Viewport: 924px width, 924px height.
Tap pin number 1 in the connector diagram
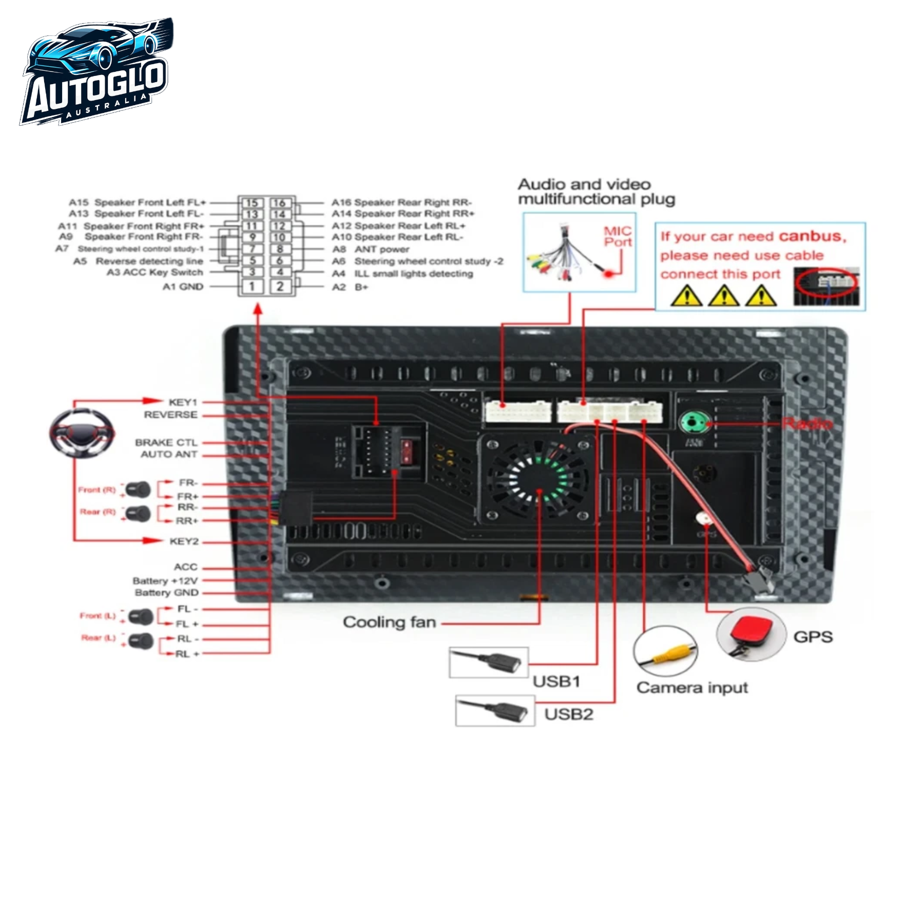[252, 286]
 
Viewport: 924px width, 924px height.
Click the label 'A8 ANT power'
[371, 249]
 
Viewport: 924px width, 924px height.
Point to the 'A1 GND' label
[183, 286]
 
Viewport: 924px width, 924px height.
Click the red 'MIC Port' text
[617, 237]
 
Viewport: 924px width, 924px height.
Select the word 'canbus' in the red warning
[811, 236]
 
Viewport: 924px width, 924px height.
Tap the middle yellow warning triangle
[724, 296]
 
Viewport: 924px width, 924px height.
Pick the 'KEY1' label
[183, 402]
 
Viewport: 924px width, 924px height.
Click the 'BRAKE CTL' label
[166, 442]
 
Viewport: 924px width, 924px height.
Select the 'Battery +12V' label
[165, 581]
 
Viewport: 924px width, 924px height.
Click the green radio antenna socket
[694, 422]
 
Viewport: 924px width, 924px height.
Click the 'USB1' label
[556, 682]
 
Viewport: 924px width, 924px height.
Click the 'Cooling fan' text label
[389, 622]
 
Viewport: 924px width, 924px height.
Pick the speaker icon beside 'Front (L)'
[141, 617]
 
